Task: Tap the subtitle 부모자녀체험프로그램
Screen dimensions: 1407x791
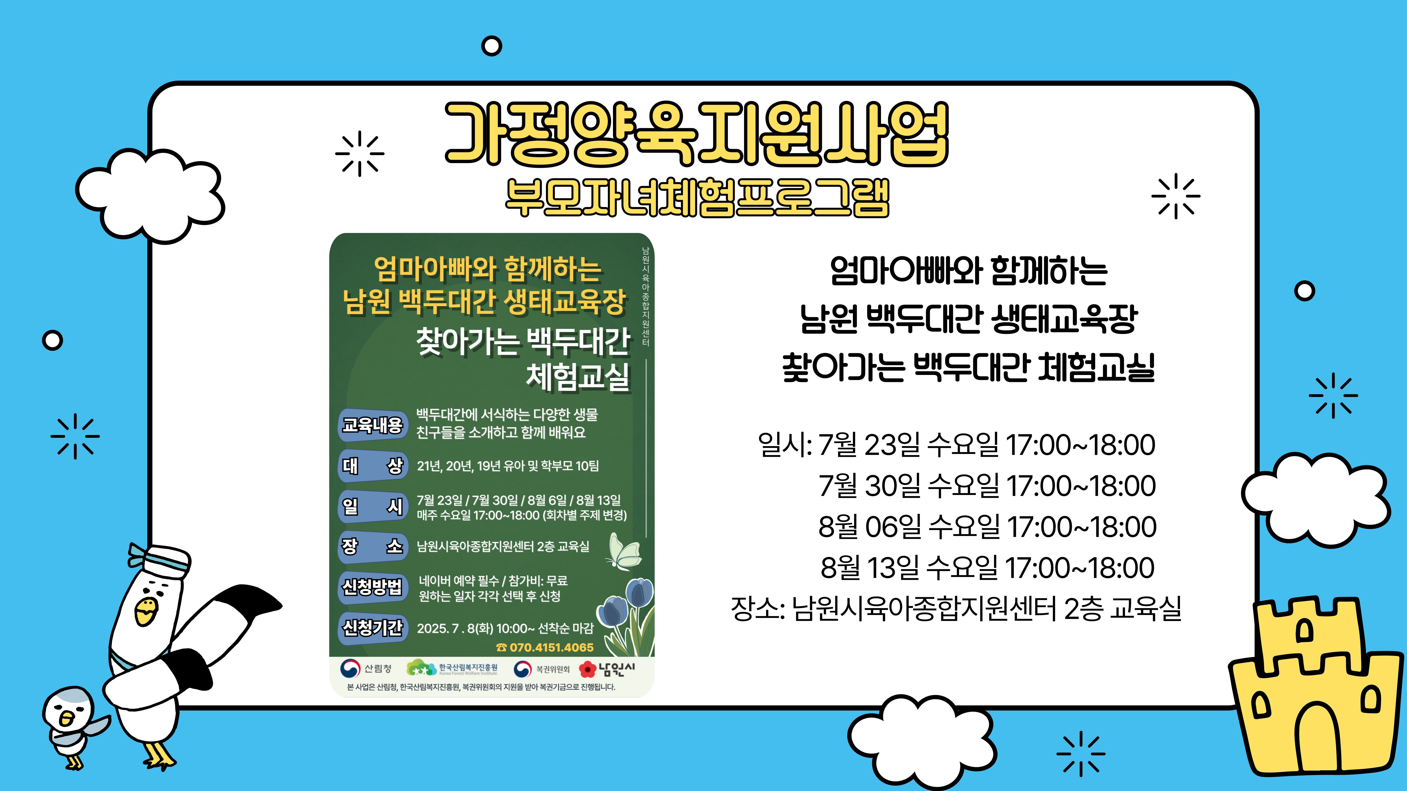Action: (x=697, y=198)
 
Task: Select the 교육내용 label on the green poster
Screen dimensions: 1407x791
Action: (x=373, y=425)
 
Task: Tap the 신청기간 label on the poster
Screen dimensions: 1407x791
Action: (x=373, y=628)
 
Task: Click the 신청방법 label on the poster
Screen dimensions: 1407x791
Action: (x=373, y=587)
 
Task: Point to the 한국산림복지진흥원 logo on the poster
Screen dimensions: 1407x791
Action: (x=452, y=668)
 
